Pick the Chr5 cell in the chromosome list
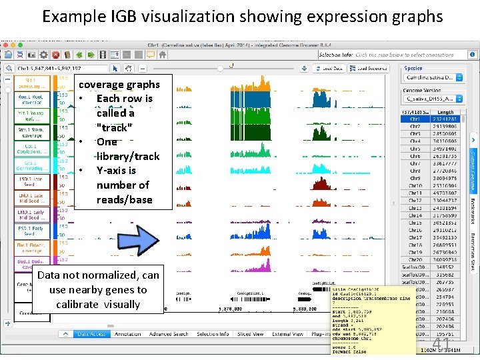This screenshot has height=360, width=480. coord(415,149)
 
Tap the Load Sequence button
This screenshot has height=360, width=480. coord(372,69)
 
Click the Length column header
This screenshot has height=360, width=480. coord(445,112)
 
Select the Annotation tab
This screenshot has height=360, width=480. coord(127,334)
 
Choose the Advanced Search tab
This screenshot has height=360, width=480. coord(169,334)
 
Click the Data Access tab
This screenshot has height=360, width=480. coord(92,334)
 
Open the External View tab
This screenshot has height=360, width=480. coord(288,334)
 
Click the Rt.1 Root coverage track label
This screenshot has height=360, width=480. coord(31,99)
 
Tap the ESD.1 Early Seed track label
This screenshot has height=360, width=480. coord(31,231)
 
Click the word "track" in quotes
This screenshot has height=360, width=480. coord(114,127)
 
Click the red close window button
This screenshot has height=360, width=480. coord(6,44)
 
